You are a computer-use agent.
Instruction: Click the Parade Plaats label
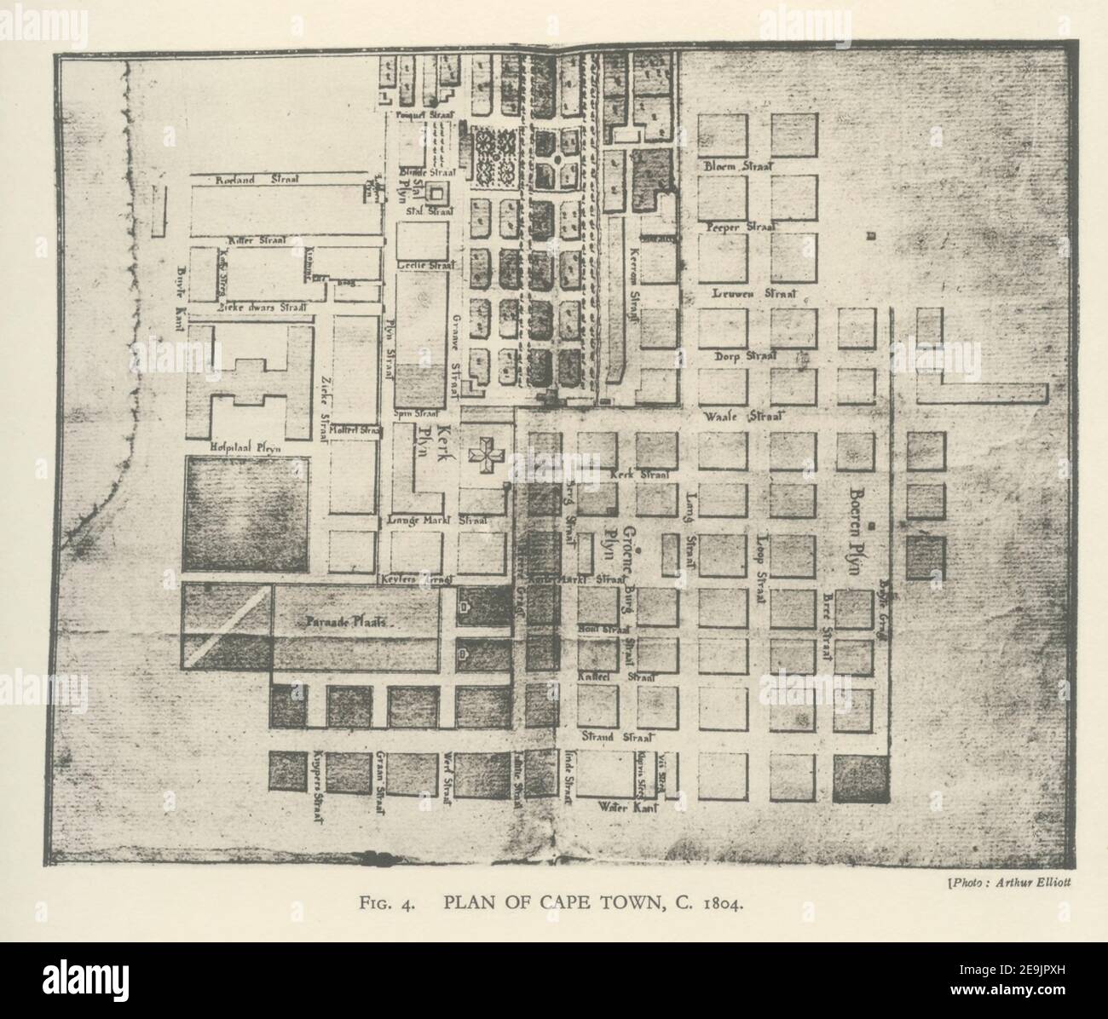[346, 622]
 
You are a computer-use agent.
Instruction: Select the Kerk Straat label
[639, 474]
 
